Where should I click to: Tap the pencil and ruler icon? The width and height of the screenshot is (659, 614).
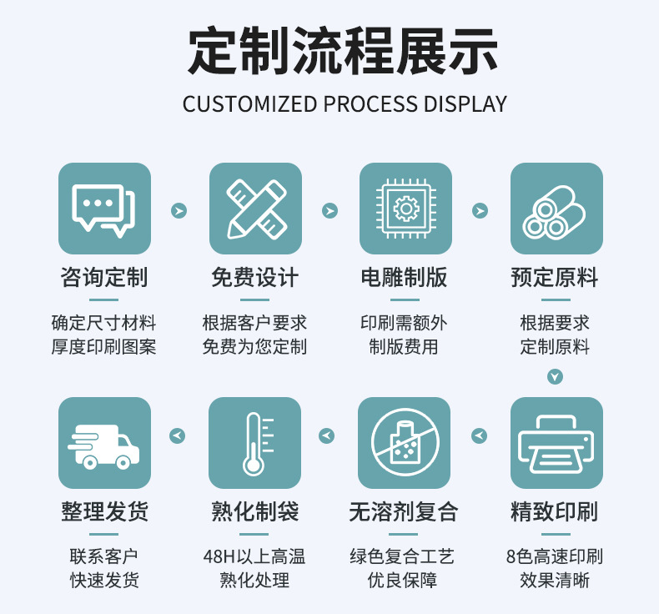255,209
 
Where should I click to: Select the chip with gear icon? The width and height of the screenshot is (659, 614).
405,209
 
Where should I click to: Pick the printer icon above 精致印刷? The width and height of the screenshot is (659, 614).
556,443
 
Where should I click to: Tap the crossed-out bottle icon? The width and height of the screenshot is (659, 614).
405,443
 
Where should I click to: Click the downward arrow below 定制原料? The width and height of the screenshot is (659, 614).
556,376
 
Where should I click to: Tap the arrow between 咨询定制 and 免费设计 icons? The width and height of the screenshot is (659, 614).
179,210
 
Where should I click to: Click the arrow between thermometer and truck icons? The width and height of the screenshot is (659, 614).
178,435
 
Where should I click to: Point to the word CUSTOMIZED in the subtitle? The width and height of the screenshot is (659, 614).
249,103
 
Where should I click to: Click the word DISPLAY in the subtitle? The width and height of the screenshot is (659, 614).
465,103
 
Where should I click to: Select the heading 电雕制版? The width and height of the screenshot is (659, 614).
405,277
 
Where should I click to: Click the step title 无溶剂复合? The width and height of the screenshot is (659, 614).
404,511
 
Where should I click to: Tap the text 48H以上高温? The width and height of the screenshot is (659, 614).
254,556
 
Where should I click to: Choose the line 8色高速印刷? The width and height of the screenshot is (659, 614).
555,556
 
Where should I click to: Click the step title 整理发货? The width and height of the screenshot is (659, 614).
104,511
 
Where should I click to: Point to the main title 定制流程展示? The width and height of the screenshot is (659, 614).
343,51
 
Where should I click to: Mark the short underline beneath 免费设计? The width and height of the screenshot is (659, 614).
254,300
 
